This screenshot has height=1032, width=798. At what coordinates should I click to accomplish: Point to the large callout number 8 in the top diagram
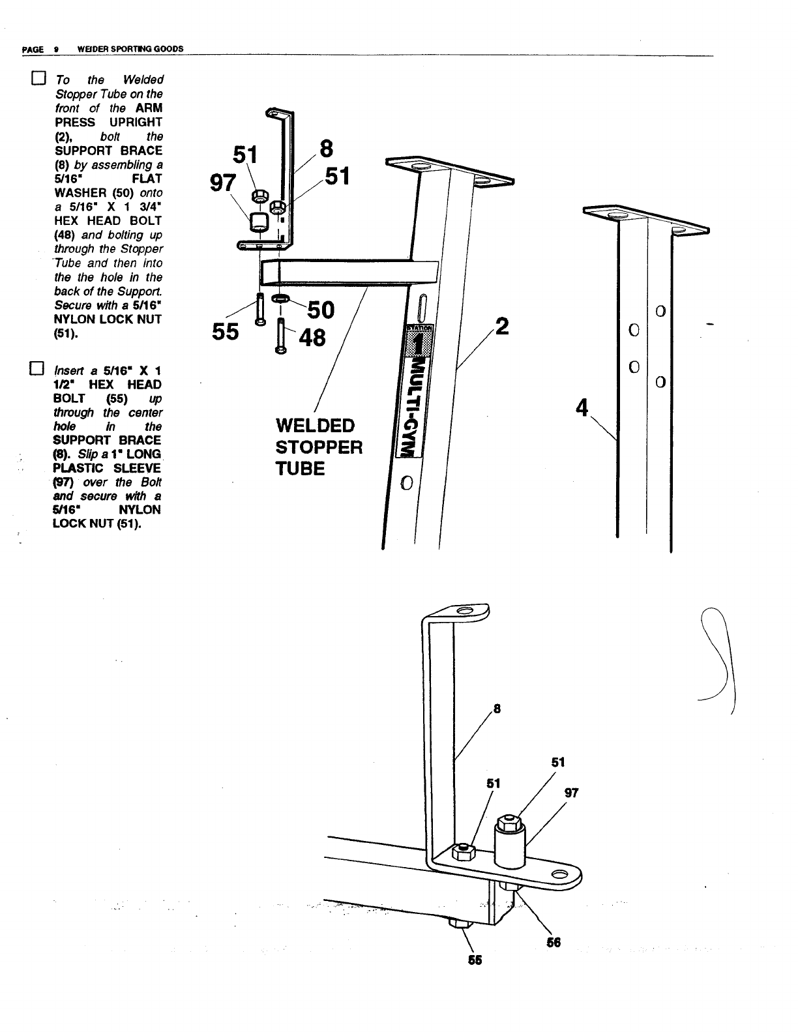[326, 149]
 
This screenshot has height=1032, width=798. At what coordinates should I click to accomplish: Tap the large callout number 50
[320, 310]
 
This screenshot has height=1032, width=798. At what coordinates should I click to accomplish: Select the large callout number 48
[312, 338]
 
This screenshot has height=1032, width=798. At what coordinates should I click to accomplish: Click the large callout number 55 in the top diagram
[226, 332]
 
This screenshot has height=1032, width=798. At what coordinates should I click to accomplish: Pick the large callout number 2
[502, 325]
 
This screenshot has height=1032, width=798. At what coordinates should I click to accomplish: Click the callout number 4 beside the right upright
[582, 408]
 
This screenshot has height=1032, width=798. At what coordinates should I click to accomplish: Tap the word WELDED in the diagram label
[315, 426]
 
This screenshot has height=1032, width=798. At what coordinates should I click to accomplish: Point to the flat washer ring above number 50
[281, 299]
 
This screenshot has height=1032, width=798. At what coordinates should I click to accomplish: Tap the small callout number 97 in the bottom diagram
[571, 793]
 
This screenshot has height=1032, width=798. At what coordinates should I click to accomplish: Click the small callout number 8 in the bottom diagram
[497, 709]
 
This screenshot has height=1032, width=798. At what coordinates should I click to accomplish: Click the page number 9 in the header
[57, 49]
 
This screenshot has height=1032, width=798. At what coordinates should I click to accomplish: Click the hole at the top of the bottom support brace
[465, 611]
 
